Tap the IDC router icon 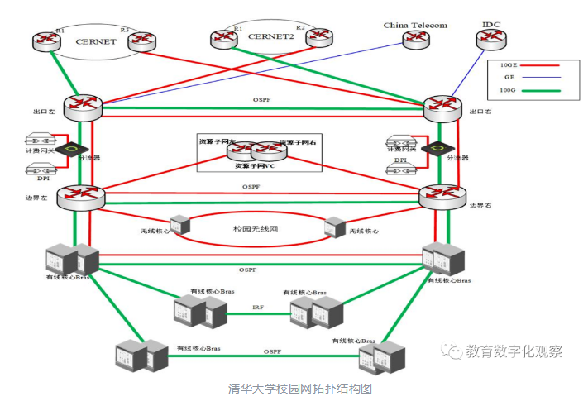point(493,39)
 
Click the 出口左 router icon point(81,106)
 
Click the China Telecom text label point(415,26)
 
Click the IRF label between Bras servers point(259,308)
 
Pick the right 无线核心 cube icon point(335,226)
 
